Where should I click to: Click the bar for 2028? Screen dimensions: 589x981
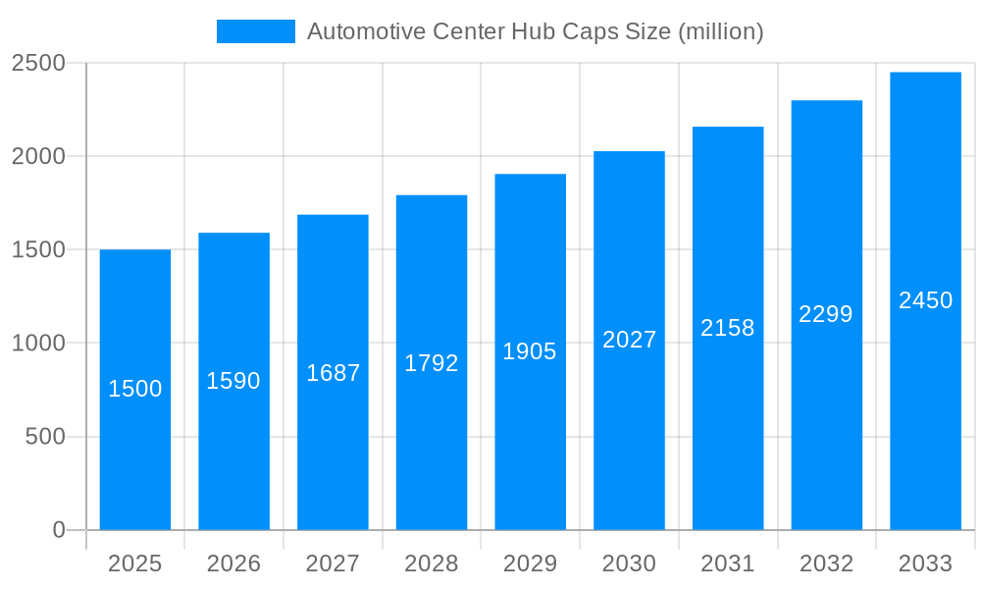[x=432, y=442]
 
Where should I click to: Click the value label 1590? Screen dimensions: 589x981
[x=233, y=381]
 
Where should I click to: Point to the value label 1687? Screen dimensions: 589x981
[x=333, y=373]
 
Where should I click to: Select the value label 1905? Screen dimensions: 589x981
[x=530, y=351]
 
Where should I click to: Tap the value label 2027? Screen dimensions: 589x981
[x=629, y=340]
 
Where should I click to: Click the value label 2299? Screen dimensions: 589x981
[x=826, y=314]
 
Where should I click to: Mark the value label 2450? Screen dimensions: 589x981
[x=925, y=300]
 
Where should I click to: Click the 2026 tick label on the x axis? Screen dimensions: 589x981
[x=233, y=563]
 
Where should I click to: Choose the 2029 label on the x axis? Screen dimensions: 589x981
[x=530, y=563]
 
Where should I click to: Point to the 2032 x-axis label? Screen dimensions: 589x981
[x=826, y=563]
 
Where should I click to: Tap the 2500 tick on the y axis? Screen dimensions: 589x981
[x=38, y=64]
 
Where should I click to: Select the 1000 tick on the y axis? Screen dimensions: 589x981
[x=38, y=344]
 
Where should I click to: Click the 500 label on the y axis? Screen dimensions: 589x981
[x=45, y=437]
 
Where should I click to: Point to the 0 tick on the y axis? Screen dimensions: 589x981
[x=59, y=530]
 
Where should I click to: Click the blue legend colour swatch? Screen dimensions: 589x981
[x=255, y=31]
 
